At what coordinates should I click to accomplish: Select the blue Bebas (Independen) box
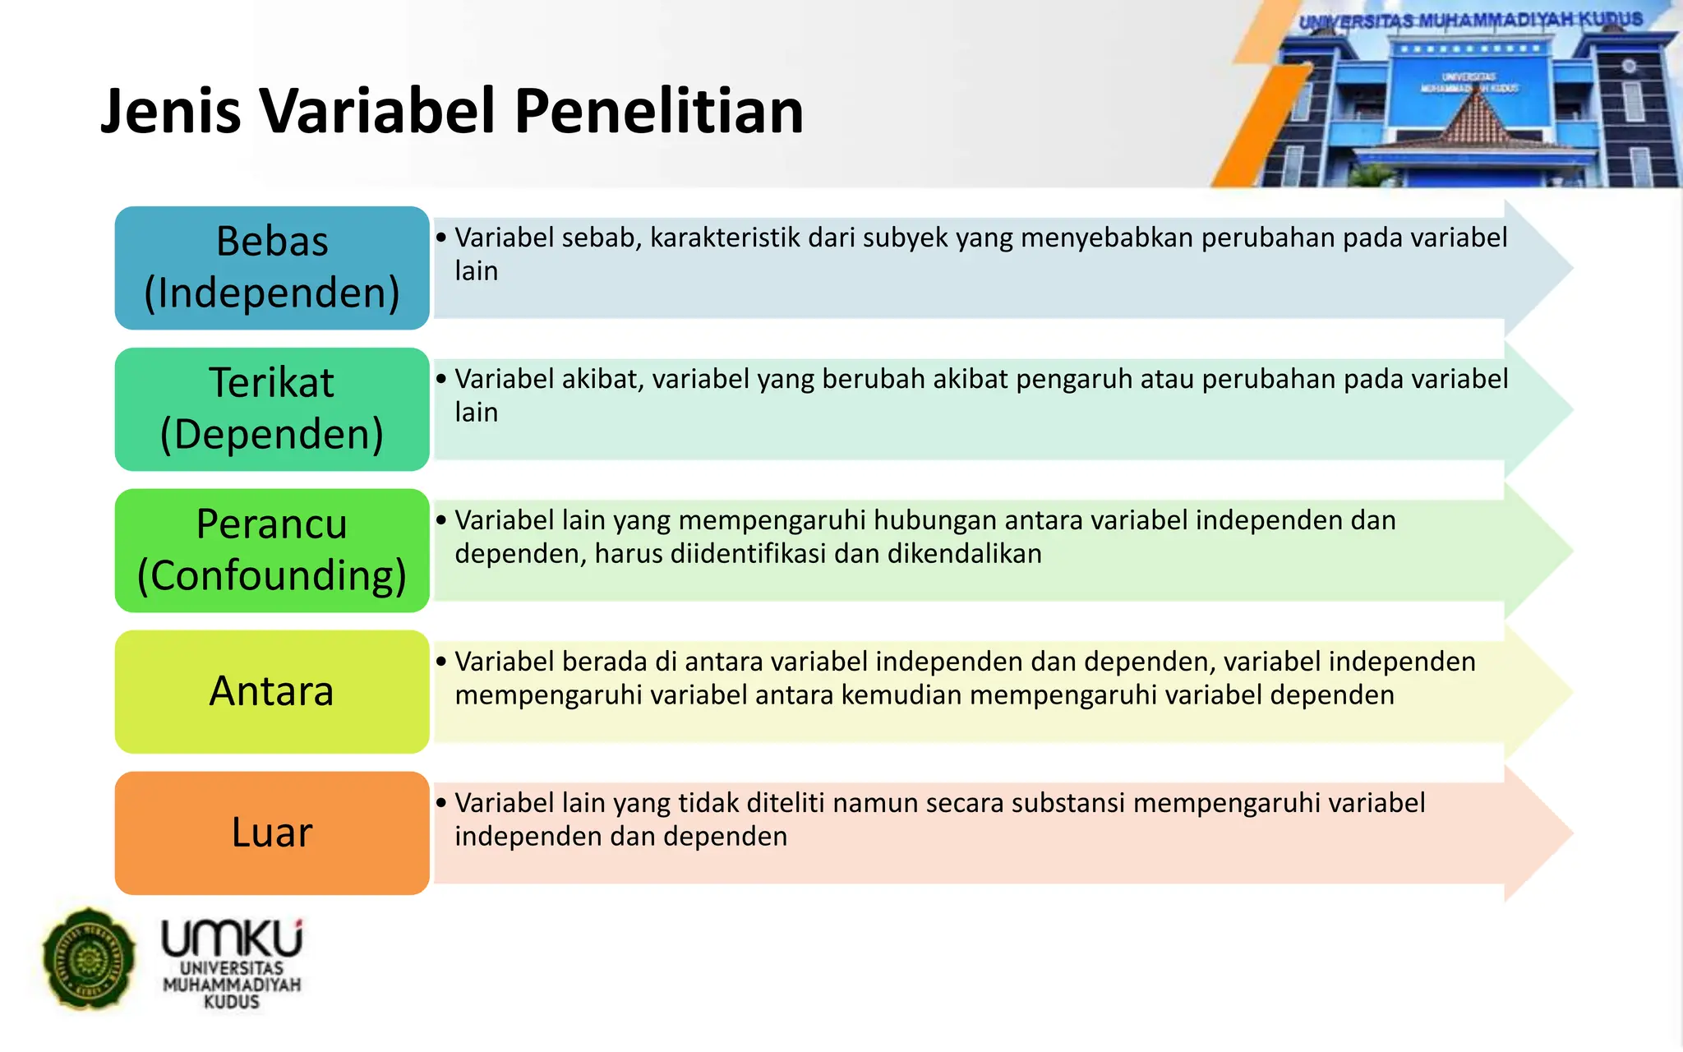pyautogui.click(x=272, y=268)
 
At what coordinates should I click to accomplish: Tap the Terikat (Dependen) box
pyautogui.click(x=272, y=409)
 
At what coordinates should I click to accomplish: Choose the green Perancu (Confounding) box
pyautogui.click(x=272, y=551)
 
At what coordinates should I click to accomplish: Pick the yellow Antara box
pyautogui.click(x=272, y=692)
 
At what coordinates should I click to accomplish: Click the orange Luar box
pyautogui.click(x=272, y=833)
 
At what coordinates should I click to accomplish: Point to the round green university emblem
pyautogui.click(x=89, y=958)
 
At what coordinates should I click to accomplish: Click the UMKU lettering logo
pyautogui.click(x=233, y=939)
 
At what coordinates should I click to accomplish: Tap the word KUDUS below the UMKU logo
pyautogui.click(x=232, y=1003)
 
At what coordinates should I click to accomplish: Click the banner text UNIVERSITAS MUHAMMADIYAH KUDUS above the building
pyautogui.click(x=1470, y=21)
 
